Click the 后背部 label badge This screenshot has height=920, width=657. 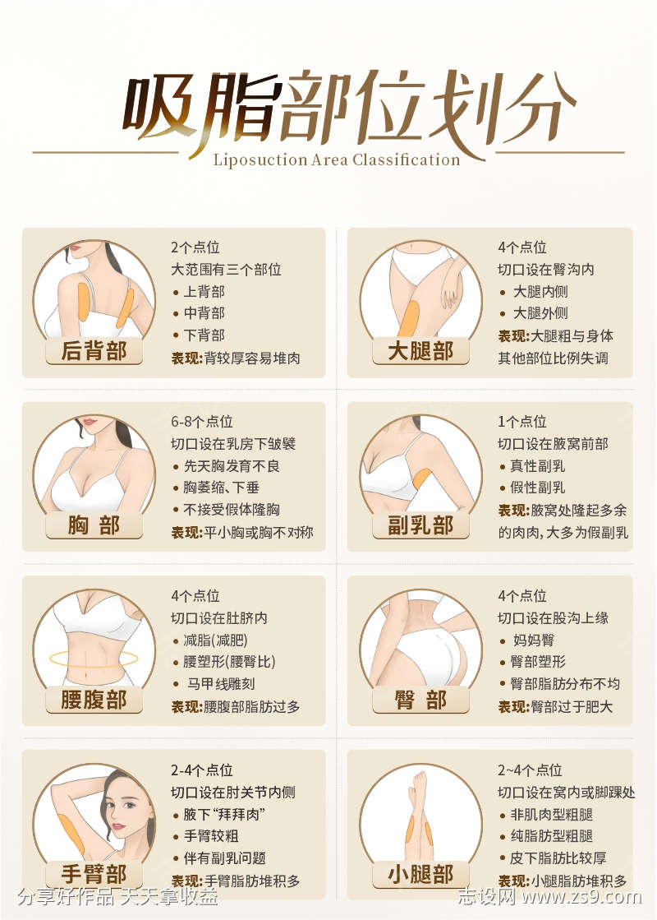(94, 351)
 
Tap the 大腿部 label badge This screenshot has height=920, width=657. (420, 351)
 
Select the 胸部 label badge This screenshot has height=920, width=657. (94, 525)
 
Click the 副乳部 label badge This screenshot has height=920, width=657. (420, 525)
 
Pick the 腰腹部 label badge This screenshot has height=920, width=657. (94, 700)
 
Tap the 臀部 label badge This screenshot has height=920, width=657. (420, 700)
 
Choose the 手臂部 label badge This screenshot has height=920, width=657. (94, 873)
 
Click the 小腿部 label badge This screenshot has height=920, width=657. (420, 873)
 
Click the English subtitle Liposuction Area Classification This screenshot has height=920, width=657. (337, 159)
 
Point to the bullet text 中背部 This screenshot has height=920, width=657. (204, 313)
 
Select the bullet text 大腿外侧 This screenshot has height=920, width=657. (540, 313)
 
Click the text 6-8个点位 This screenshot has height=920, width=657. (202, 422)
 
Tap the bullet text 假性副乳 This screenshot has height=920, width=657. (538, 488)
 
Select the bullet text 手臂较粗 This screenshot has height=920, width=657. (212, 836)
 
